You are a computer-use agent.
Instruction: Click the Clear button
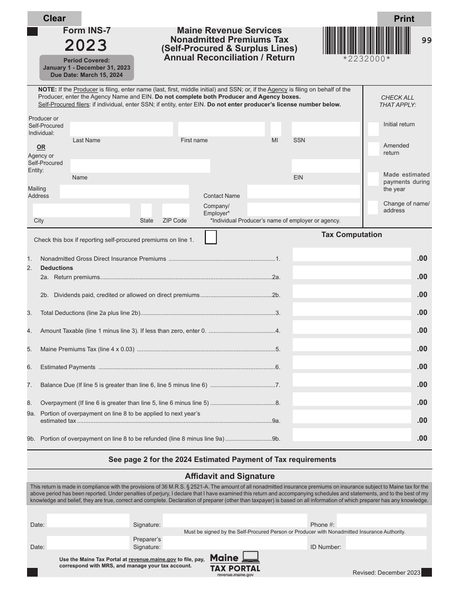pos(54,18)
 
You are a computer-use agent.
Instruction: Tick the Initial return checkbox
pos(373,129)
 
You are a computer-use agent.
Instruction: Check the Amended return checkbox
pos(373,149)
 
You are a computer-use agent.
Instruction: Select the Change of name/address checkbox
pos(373,207)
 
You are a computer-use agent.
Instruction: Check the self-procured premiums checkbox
pos(211,238)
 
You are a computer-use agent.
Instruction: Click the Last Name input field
pos(121,129)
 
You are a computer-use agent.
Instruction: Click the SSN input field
pos(326,129)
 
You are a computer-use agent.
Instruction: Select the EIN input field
pos(326,166)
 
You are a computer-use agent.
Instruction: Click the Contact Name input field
pos(303,192)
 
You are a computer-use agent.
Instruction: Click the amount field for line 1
pos(352,255)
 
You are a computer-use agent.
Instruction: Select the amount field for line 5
pos(352,345)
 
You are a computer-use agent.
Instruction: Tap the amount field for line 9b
pos(352,435)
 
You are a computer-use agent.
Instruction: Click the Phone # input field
pos(381,521)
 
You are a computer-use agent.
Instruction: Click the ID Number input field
pos(386,543)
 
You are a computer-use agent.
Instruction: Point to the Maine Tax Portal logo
pos(235,563)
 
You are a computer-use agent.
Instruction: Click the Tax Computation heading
pos(352,235)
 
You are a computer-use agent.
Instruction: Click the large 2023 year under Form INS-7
pos(86,45)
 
